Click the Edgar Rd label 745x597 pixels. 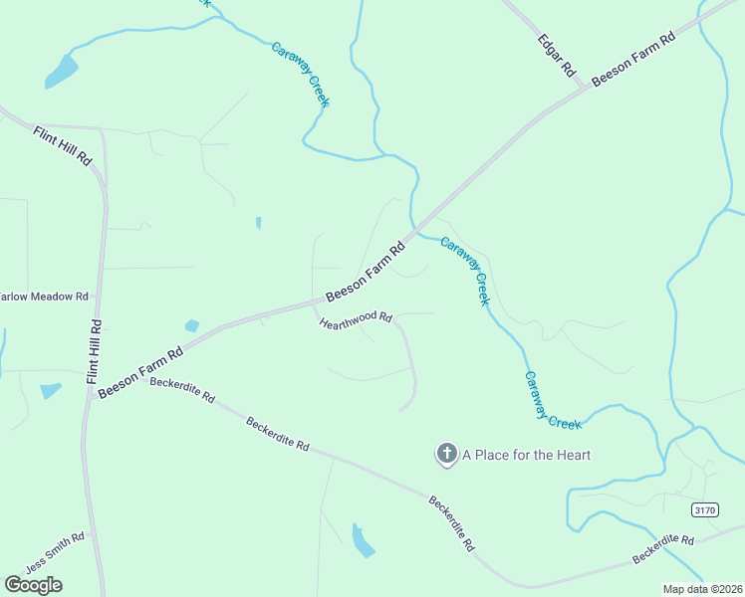tap(557, 56)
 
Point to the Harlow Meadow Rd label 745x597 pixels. tap(44, 297)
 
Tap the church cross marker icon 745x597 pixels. tap(446, 455)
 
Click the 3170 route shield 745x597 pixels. tap(704, 509)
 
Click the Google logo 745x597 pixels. tap(34, 584)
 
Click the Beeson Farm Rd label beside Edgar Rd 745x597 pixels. tap(633, 59)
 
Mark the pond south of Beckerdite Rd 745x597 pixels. tap(362, 539)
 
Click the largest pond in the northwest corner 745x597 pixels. tap(61, 72)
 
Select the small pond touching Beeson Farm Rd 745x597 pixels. tap(192, 325)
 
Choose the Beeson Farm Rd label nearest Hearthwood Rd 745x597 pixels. tap(367, 270)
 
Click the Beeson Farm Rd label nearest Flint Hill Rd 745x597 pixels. tap(141, 370)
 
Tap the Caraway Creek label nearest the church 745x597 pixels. tap(552, 400)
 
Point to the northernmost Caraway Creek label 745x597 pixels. tap(301, 75)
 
